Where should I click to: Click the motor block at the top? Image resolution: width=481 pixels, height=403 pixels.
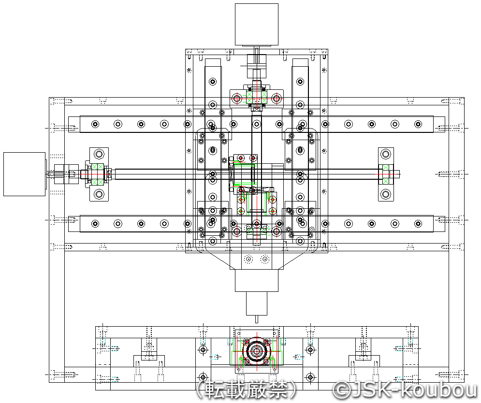[256, 25]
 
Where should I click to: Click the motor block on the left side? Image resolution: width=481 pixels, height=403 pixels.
[25, 174]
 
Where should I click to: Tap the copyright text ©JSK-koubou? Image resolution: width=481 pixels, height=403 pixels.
[406, 389]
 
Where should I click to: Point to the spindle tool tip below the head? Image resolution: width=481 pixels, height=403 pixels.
[256, 319]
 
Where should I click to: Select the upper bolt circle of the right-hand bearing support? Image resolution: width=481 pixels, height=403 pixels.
[386, 154]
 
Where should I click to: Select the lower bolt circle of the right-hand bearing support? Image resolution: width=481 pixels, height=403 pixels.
[386, 194]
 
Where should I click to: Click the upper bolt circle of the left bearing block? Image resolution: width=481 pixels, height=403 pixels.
[99, 154]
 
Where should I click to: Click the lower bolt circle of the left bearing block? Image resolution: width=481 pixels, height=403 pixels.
[99, 194]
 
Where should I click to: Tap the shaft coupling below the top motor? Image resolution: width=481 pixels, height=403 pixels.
[256, 66]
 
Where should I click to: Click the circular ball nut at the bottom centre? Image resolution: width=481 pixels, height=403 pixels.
[256, 350]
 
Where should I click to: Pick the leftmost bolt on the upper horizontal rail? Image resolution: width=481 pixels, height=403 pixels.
[95, 124]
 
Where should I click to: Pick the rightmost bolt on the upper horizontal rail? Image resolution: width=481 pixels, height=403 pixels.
[418, 124]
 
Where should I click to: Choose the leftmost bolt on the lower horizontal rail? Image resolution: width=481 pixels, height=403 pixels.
[95, 224]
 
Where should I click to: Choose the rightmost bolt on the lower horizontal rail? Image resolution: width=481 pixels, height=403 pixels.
[418, 224]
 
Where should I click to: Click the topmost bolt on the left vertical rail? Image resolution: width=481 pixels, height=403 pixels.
[213, 82]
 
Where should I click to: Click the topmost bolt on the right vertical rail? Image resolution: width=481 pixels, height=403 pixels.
[300, 82]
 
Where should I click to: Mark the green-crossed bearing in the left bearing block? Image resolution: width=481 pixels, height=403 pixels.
[98, 174]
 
